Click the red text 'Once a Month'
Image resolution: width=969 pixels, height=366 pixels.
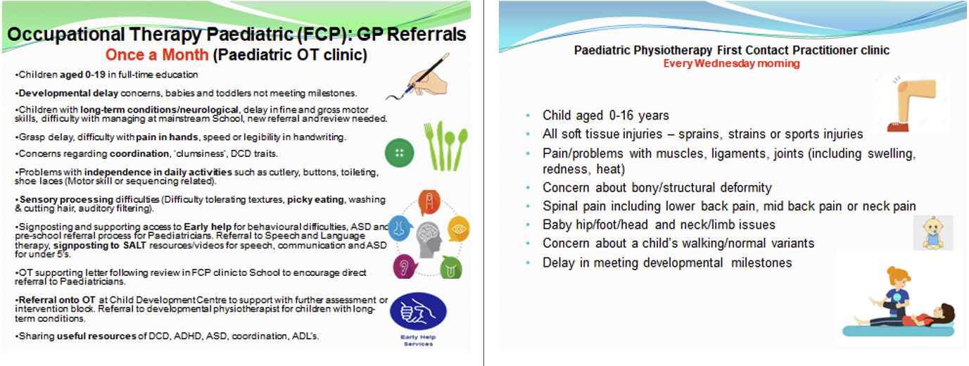pos(156,54)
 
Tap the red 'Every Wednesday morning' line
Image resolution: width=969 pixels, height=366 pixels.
pos(731,63)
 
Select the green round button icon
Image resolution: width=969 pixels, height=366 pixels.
pos(399,153)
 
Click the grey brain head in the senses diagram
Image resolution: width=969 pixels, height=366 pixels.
pos(429,239)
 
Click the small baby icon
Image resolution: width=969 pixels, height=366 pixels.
pos(933,233)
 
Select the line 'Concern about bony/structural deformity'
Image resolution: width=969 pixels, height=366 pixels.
pos(657,188)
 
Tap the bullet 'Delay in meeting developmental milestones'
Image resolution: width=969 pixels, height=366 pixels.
pos(666,263)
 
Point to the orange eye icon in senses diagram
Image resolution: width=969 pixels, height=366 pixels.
pos(458,229)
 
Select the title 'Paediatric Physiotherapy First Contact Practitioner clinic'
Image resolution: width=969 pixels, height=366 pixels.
pos(731,51)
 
